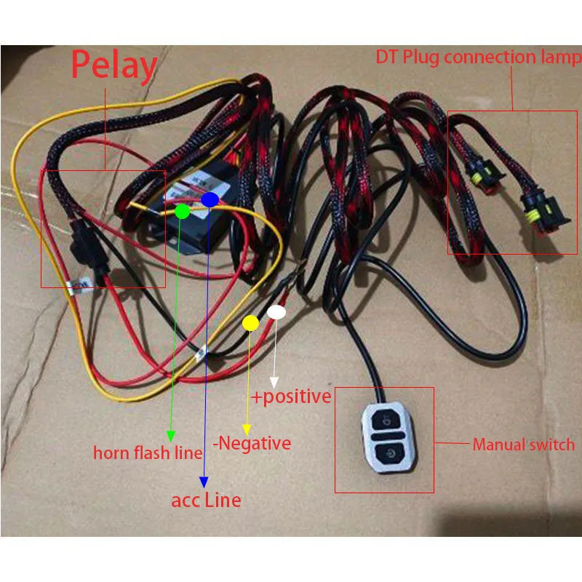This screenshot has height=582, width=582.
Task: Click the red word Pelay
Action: (113, 66)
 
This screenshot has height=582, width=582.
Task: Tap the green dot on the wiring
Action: (183, 212)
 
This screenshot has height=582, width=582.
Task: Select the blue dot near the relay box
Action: (210, 199)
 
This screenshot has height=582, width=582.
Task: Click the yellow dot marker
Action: (250, 323)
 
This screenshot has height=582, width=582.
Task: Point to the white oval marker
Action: (277, 312)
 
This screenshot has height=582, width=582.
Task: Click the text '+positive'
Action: (291, 397)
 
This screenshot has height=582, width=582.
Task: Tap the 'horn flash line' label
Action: (148, 453)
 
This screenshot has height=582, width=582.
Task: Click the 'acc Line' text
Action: (206, 500)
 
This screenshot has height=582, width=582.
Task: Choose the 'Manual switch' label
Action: (523, 444)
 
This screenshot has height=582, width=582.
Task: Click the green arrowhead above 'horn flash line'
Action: (170, 435)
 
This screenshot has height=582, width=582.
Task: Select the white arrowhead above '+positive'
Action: (274, 383)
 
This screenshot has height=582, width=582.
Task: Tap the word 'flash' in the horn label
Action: (150, 453)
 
